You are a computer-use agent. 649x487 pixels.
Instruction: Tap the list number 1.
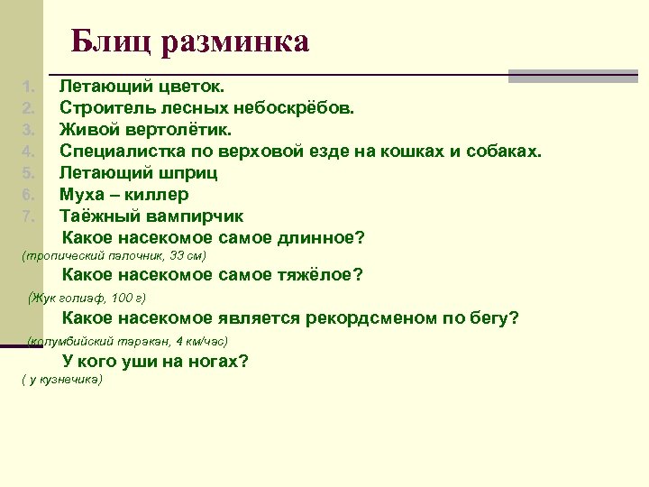pos(28,87)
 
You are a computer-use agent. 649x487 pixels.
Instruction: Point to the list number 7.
pos(28,216)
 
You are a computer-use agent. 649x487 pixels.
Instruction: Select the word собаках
pos(506,152)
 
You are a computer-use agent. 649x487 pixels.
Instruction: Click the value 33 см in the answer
pos(186,256)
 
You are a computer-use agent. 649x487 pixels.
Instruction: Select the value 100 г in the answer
pos(129,297)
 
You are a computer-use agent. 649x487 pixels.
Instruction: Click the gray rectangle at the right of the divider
pos(572,77)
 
